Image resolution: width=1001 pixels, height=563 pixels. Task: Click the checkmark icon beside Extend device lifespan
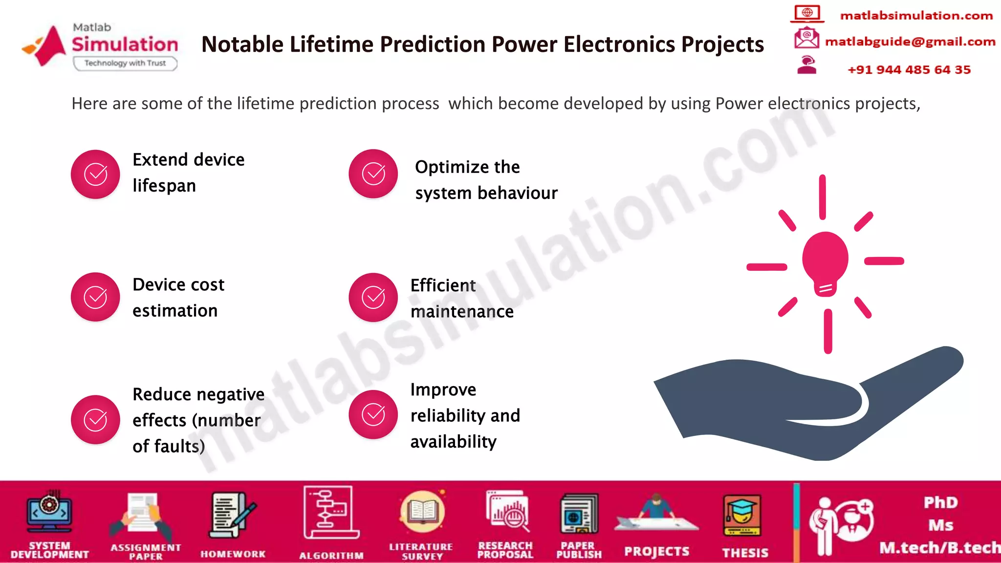coord(95,174)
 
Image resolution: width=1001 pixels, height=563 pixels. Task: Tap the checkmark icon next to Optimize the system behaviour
coord(373,173)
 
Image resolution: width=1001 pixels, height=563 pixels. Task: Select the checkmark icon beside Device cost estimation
coord(95,297)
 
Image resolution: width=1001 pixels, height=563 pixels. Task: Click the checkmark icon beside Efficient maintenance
coord(373,297)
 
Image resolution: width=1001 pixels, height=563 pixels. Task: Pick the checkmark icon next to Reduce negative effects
coord(95,419)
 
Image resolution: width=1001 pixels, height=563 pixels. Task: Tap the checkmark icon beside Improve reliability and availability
coord(373,414)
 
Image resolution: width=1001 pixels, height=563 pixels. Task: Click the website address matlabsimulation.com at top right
coord(916,16)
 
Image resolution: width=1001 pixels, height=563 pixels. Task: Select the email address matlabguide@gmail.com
coord(910,42)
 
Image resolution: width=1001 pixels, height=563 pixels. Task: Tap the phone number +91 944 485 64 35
coord(909,70)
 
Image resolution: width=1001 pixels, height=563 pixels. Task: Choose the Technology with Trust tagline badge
coord(125,63)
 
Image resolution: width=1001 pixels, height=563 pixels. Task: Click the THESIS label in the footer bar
coord(745,553)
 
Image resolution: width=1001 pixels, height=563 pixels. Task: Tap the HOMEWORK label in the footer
coord(233,554)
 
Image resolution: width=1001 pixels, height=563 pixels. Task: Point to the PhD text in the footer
coord(940,502)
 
